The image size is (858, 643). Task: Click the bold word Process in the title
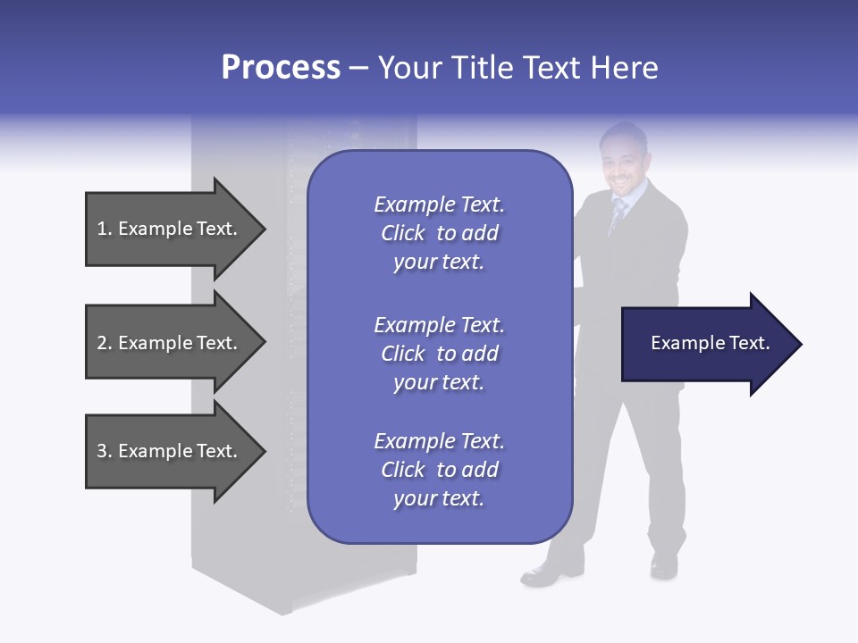pyautogui.click(x=281, y=68)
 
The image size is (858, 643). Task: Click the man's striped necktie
pyautogui.click(x=618, y=215)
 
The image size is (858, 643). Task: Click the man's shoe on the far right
pyautogui.click(x=664, y=565)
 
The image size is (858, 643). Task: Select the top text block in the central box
pyautogui.click(x=439, y=233)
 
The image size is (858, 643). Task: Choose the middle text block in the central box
pyautogui.click(x=439, y=354)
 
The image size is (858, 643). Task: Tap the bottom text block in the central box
pyautogui.click(x=439, y=470)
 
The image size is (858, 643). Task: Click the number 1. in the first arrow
pyautogui.click(x=104, y=229)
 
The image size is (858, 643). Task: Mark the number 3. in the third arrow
pyautogui.click(x=104, y=451)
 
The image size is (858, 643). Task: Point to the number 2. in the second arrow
pyautogui.click(x=104, y=343)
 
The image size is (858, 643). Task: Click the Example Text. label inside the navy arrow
pyautogui.click(x=711, y=343)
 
